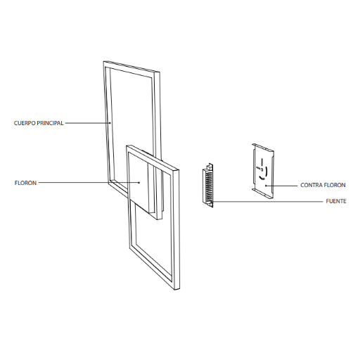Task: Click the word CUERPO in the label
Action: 25,123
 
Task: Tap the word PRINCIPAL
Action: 51,123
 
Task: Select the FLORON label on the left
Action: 25,183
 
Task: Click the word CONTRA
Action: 310,185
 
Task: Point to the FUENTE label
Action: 336,201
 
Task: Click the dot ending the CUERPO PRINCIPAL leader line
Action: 110,122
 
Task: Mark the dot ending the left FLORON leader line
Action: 139,183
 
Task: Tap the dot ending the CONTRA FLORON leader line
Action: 266,186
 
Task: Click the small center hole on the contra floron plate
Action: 262,169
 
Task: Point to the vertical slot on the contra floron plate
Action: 262,162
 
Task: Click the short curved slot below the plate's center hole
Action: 262,179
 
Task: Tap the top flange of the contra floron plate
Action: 263,148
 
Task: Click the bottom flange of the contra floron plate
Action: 263,194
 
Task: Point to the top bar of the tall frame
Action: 131,67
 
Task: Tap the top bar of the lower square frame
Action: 153,157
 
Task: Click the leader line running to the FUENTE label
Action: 268,201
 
